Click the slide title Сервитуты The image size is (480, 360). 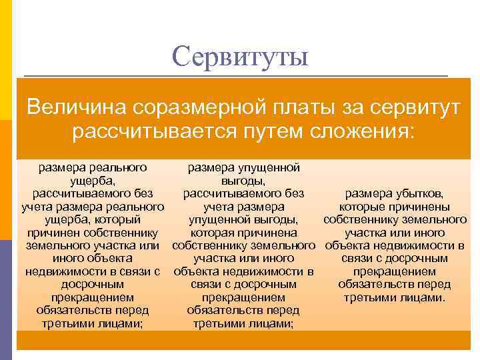pyautogui.click(x=240, y=57)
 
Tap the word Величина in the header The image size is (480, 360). pyautogui.click(x=74, y=107)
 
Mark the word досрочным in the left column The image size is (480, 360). pyautogui.click(x=93, y=284)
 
